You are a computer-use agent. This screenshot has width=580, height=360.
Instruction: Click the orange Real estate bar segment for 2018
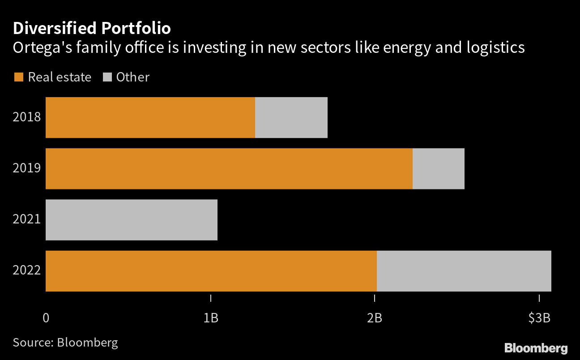(150, 117)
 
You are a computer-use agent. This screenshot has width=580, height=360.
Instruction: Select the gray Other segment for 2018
(291, 117)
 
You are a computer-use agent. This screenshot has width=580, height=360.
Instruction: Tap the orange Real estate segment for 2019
(229, 168)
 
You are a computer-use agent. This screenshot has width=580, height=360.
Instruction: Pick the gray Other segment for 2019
(438, 168)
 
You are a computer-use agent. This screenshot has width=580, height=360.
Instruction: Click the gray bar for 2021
(132, 219)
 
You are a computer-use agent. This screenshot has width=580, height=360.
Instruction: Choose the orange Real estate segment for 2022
(211, 271)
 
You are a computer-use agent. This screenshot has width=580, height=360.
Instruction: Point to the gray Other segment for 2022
(464, 271)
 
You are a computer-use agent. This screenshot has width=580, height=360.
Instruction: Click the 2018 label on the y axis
(27, 117)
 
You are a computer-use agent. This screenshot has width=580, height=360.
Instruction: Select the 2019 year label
(27, 168)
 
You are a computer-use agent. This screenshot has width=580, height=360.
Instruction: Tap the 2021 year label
(27, 219)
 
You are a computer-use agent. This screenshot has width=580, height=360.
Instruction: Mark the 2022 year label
(27, 271)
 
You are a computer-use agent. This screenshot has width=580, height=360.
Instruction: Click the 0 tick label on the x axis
(46, 318)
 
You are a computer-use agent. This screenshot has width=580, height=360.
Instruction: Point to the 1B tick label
(210, 318)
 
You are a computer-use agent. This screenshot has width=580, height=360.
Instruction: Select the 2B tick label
(375, 318)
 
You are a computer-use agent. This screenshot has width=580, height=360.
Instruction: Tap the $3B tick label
(539, 318)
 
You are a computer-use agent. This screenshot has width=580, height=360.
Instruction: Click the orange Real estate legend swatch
(18, 77)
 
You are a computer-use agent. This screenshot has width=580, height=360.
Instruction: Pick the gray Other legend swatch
(107, 77)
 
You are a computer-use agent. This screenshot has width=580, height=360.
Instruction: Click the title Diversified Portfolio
(92, 28)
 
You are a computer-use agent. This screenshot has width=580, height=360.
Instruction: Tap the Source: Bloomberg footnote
(65, 343)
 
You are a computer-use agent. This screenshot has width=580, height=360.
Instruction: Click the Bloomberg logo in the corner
(536, 348)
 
